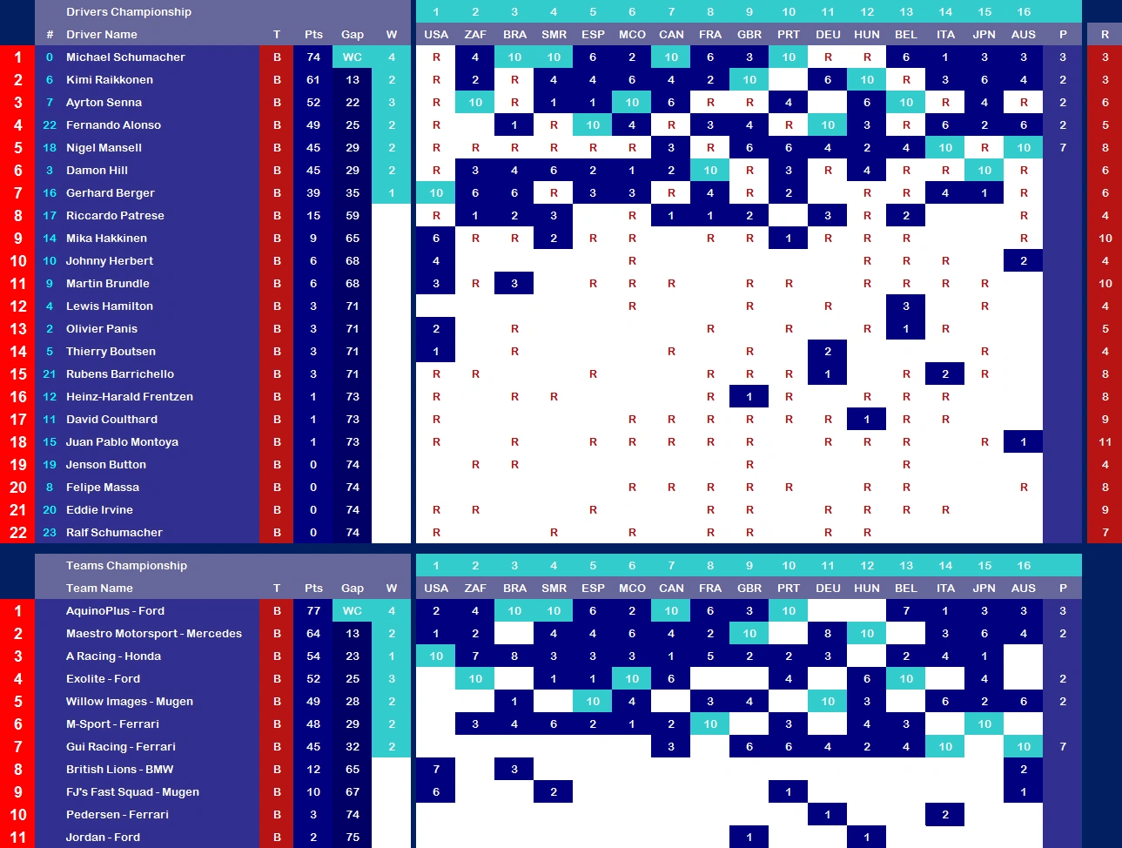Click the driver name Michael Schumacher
(125, 57)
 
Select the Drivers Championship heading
(129, 12)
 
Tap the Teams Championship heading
(126, 566)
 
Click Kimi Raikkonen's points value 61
(313, 80)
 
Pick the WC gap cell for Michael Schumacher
(353, 57)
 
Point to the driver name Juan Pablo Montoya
(122, 442)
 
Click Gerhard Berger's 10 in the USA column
(436, 193)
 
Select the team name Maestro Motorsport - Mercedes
(154, 634)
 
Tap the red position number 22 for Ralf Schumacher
(18, 533)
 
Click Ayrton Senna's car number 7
(50, 103)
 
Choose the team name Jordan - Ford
(103, 838)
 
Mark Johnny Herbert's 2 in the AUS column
(1024, 261)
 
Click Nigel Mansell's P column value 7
(1063, 148)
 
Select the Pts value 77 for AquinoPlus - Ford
(313, 611)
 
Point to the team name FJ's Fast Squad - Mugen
(132, 792)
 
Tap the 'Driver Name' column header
(102, 35)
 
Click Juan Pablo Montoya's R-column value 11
(1105, 442)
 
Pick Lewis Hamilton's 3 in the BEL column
(906, 306)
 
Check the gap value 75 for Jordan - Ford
(353, 838)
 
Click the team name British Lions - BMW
(119, 770)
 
